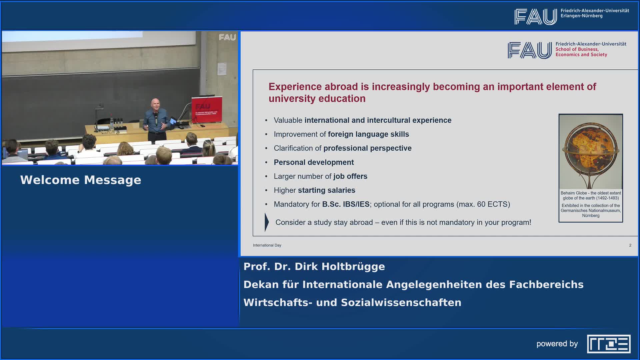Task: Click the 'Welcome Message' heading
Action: [81, 180]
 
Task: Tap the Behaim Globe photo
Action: [591, 152]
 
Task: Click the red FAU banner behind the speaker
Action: [207, 110]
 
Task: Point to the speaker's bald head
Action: [155, 104]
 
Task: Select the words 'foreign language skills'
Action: [368, 134]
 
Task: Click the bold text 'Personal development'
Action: [314, 162]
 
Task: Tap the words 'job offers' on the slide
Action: [350, 176]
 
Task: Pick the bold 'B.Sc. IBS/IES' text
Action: [346, 204]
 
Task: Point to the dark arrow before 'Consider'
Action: [267, 222]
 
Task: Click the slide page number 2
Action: [630, 245]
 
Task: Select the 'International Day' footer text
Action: [267, 245]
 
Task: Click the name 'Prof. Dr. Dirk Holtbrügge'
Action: [314, 267]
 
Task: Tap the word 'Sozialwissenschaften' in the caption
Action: [401, 303]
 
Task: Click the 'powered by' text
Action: [557, 344]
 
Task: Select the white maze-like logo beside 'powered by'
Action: [609, 344]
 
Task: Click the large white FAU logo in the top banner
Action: [536, 17]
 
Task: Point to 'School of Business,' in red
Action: [577, 49]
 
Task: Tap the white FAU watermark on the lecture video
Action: [227, 37]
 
